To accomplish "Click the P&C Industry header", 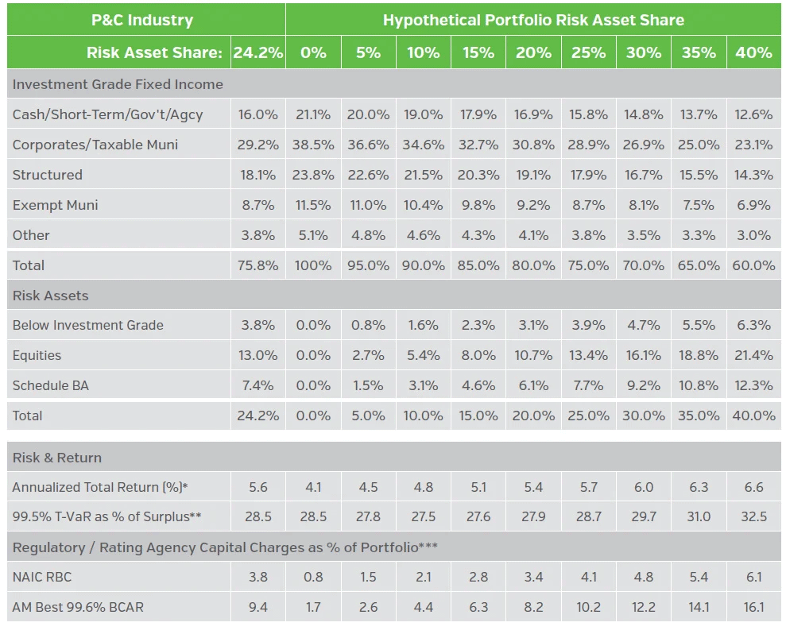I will click(142, 20).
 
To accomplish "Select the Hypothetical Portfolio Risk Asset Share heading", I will click(533, 20).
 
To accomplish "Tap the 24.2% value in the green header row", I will click(258, 52).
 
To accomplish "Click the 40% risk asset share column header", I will click(753, 52).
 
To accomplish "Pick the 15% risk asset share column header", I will click(478, 52).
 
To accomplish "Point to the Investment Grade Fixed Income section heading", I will click(118, 84).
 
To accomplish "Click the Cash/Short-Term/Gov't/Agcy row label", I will click(108, 114).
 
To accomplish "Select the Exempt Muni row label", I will click(56, 205).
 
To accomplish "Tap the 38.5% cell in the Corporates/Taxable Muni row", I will click(313, 145).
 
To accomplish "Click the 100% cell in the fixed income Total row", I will click(313, 265).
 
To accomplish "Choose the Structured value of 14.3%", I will click(753, 175).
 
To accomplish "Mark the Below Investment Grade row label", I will click(88, 325).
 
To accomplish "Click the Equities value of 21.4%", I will click(753, 355).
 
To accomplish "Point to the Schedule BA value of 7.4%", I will click(258, 385).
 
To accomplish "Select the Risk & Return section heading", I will click(57, 458).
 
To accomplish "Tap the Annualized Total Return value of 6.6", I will click(753, 487).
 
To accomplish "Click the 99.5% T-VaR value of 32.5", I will click(753, 516).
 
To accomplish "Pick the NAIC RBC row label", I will click(41, 578).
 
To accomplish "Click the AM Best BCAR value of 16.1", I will click(753, 608).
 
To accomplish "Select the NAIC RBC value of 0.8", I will click(313, 578).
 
